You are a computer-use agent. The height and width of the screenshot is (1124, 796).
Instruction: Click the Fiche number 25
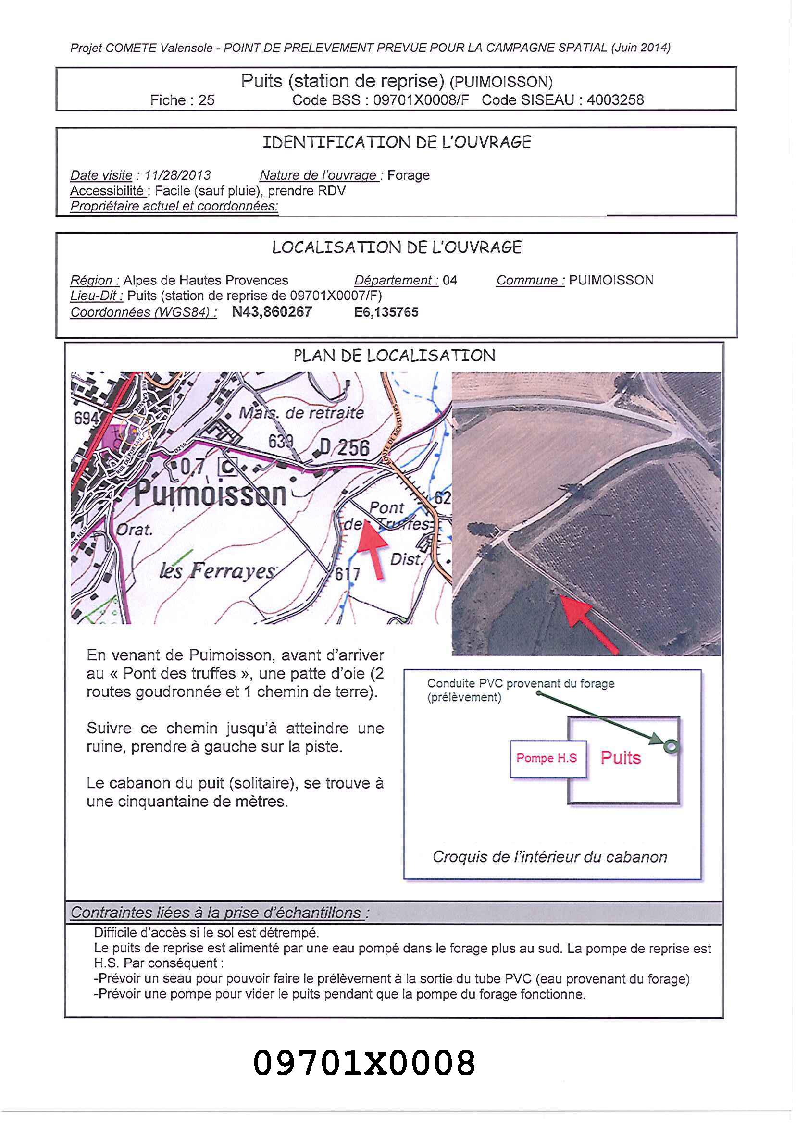(x=206, y=100)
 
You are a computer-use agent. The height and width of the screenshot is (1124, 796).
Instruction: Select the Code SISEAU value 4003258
(x=615, y=100)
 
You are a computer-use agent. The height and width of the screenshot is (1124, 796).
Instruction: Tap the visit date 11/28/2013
(x=177, y=175)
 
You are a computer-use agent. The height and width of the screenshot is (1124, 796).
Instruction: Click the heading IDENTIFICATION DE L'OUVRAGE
(x=397, y=143)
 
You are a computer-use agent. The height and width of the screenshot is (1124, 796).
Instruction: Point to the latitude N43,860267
(x=272, y=312)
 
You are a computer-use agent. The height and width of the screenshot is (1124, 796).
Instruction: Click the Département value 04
(x=449, y=280)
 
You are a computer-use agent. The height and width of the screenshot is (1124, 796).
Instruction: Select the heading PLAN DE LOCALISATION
(x=394, y=356)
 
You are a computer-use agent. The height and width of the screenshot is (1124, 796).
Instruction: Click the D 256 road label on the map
(x=345, y=447)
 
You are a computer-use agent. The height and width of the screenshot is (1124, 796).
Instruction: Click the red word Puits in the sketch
(x=621, y=758)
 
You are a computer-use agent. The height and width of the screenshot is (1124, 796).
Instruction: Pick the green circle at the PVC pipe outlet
(x=671, y=746)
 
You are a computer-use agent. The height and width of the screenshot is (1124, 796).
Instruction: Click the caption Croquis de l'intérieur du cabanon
(x=549, y=857)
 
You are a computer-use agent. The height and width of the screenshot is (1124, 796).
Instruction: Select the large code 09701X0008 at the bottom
(x=364, y=1063)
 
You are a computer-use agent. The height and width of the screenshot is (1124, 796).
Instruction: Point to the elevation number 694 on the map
(x=86, y=418)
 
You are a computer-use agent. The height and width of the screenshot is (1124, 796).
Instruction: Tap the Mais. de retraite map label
(x=301, y=413)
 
